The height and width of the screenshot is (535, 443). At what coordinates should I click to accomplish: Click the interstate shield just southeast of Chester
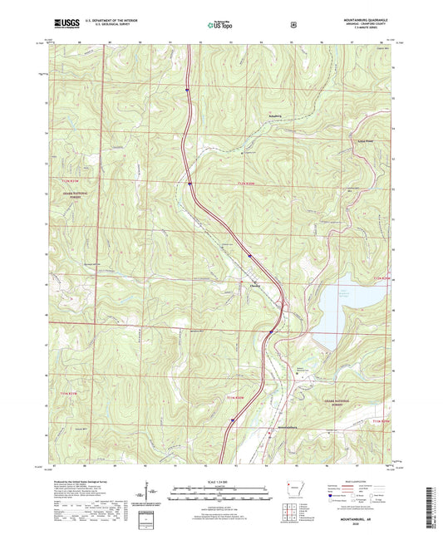tap(271, 331)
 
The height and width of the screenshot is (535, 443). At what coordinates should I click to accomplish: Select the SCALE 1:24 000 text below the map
tap(220, 481)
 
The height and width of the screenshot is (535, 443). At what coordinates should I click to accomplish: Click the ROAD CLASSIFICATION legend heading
tap(360, 481)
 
